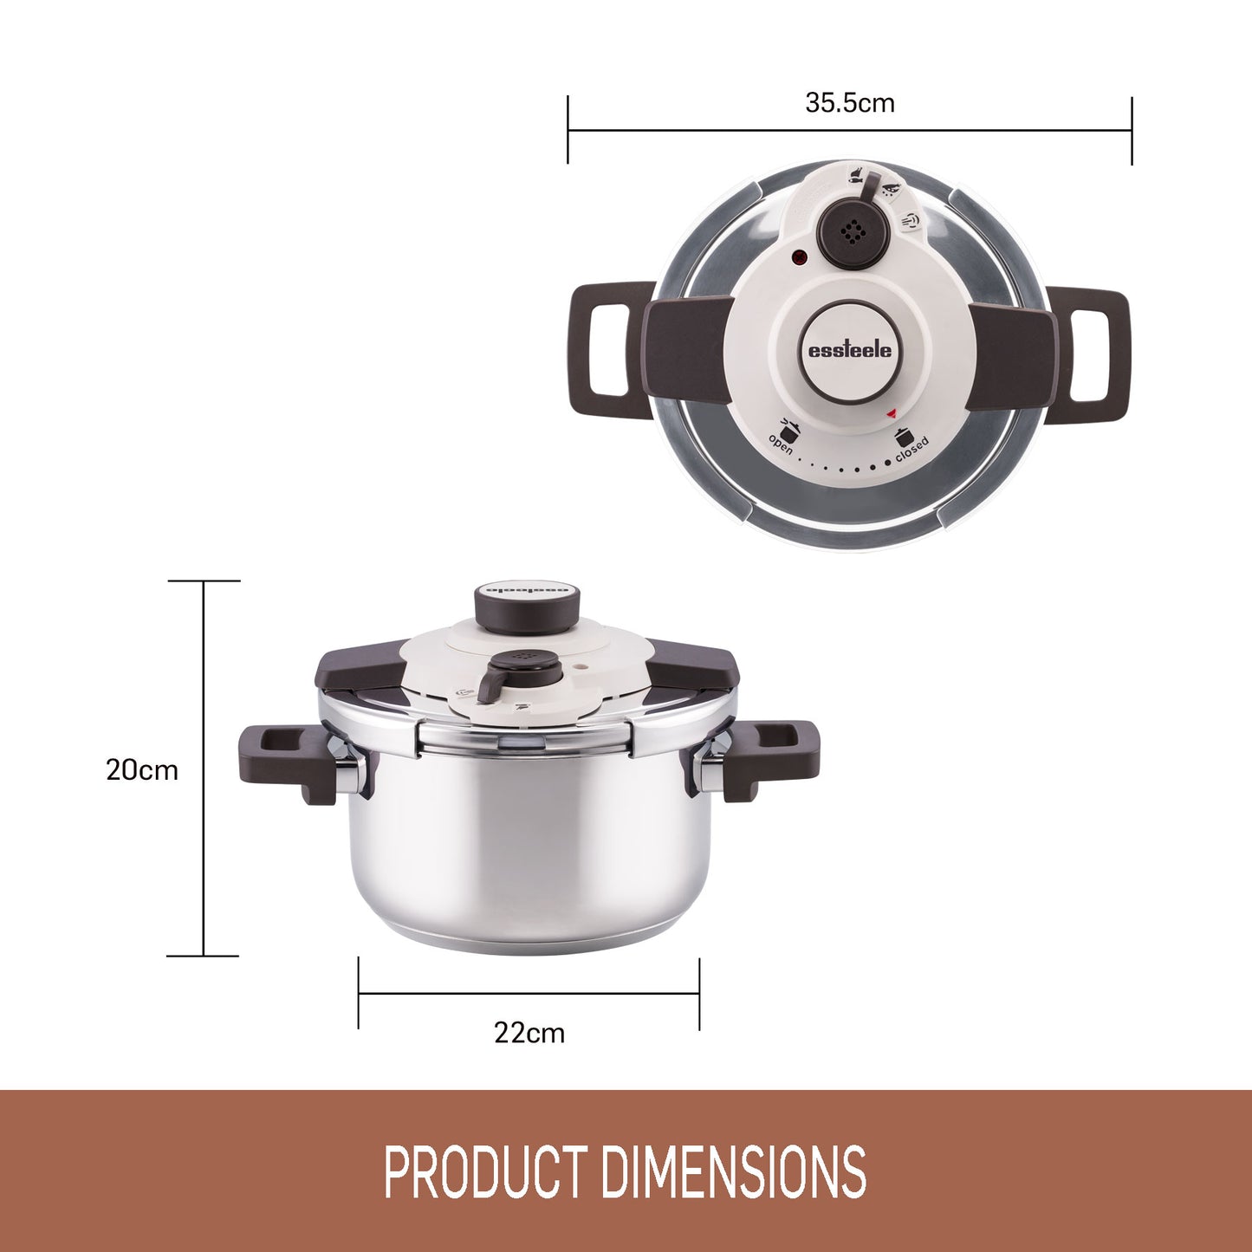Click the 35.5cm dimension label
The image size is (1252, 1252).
coord(850,103)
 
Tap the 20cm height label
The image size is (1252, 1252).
coord(141,770)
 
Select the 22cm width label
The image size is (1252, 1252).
coord(529,1033)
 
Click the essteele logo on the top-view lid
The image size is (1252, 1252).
coord(850,351)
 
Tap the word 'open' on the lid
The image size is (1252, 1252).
coord(781,444)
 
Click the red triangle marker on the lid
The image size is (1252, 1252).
coord(891,412)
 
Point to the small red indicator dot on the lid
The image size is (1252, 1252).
coord(799,258)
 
